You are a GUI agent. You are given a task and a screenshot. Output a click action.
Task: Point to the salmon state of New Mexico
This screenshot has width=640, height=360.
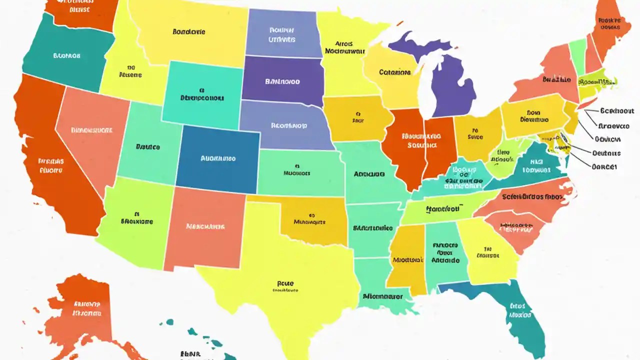pos(205,227)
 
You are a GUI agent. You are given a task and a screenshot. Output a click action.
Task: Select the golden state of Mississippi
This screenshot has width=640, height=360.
pos(407,260)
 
